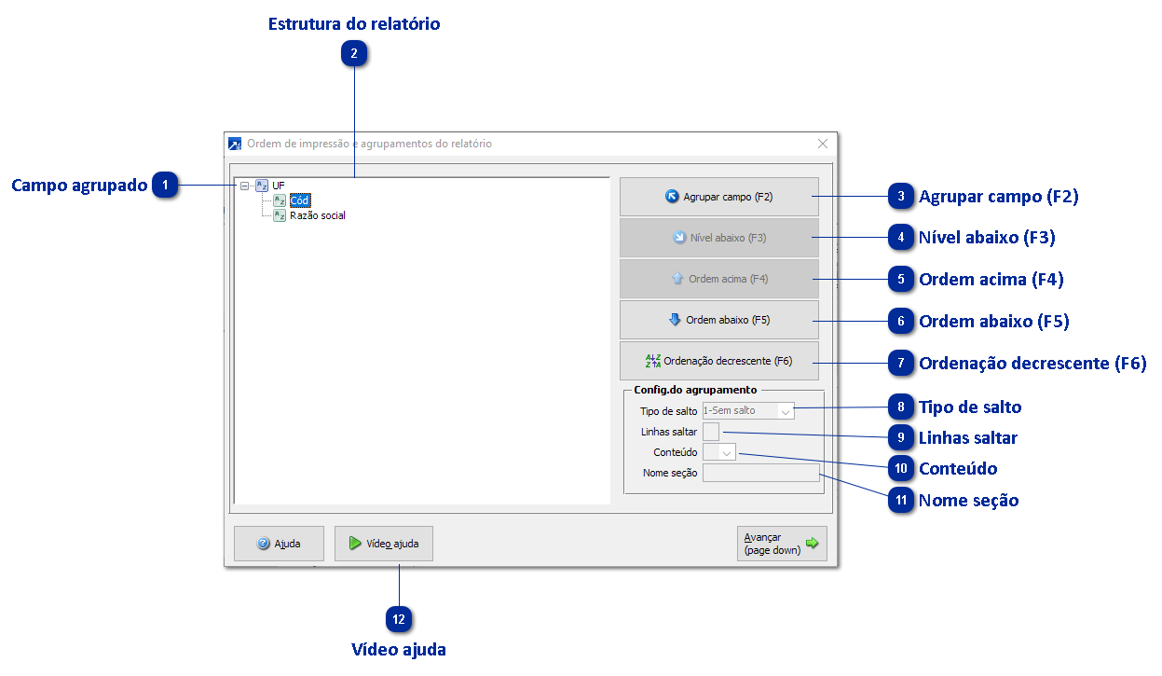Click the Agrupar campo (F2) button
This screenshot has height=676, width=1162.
coord(719,197)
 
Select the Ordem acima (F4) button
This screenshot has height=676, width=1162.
coord(719,279)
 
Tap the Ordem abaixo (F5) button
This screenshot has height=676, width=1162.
coord(719,320)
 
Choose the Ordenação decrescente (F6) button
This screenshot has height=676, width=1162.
coord(719,361)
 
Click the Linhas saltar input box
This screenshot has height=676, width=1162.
coord(711,432)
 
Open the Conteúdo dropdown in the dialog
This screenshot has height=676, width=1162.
coord(719,452)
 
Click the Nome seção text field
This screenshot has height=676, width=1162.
coord(760,473)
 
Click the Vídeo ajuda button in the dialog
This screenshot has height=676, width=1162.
coord(384,544)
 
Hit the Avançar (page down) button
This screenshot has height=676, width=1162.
coord(782,544)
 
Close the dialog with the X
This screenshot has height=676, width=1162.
coord(823,144)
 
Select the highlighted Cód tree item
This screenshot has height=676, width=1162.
coord(299,200)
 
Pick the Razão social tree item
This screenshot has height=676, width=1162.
coord(318,215)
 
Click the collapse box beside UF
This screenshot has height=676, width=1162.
coord(245,186)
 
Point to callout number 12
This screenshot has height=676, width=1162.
coord(399,618)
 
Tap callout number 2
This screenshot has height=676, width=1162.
coord(354,54)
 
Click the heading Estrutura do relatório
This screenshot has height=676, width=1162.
coord(354,24)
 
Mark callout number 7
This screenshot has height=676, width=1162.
coord(901,363)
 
